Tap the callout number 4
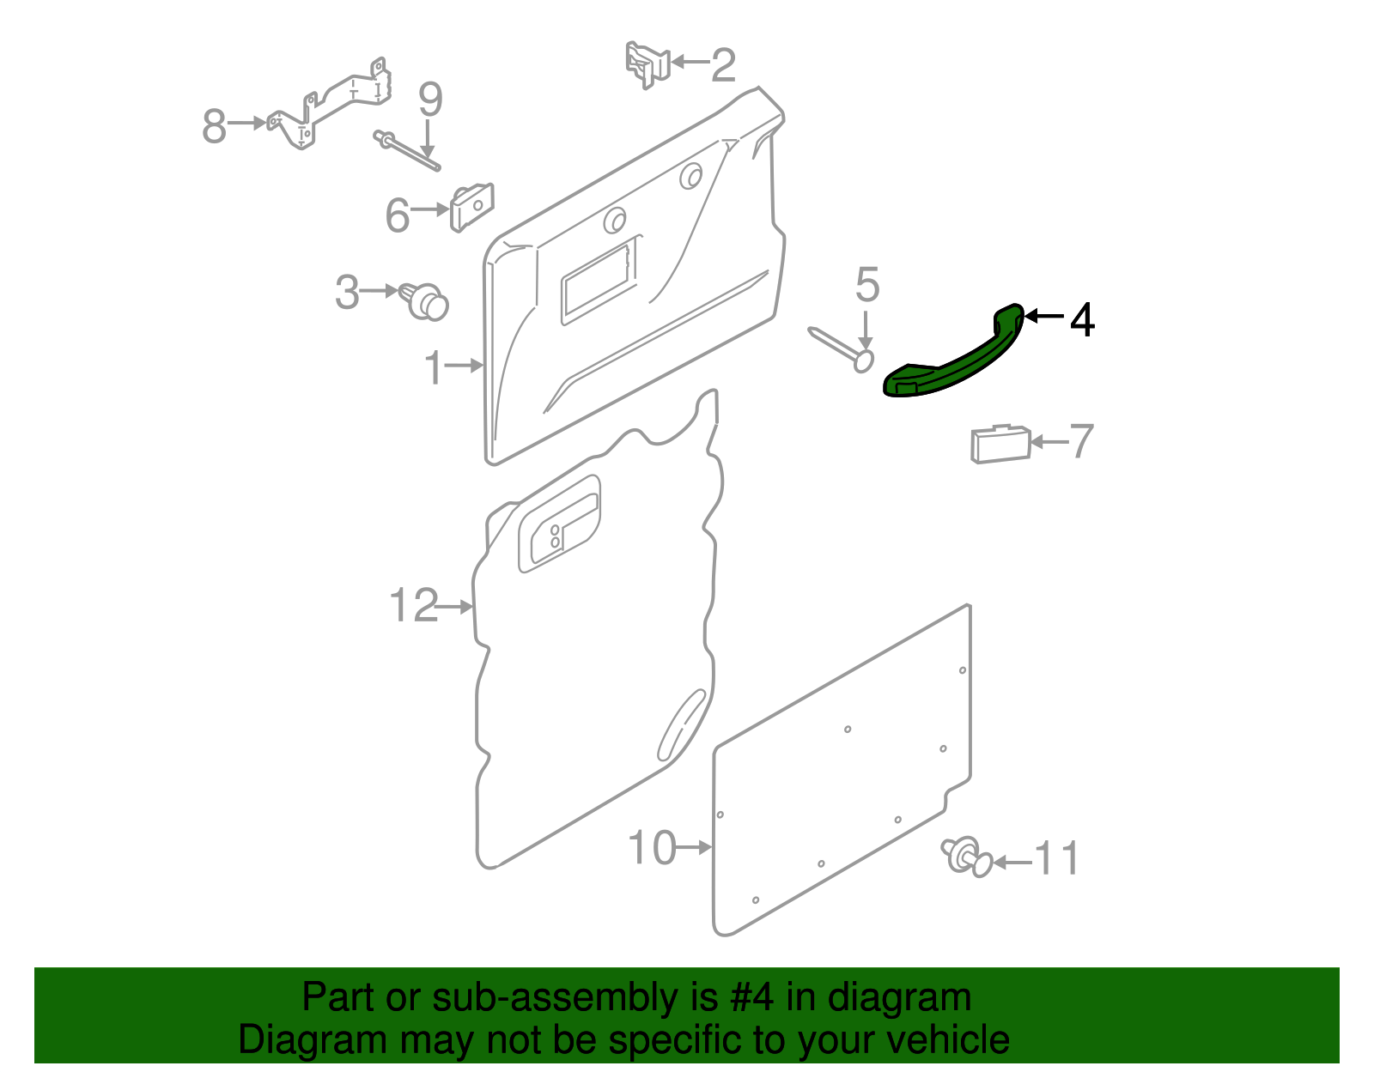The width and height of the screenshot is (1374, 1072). coord(1082,320)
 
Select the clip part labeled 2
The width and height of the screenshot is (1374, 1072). coord(647,64)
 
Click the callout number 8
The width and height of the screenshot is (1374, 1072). coord(215,125)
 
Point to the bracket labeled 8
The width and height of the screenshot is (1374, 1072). coord(329,104)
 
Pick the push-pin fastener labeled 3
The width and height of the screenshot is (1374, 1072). coord(424,300)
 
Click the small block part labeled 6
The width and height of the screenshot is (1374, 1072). coord(471,207)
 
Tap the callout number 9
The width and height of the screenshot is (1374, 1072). coord(430,100)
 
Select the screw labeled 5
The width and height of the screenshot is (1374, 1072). coord(842,349)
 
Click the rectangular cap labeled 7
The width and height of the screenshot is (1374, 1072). coord(1000,444)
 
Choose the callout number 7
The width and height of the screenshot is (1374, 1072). coord(1081,441)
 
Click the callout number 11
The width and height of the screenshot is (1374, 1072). coord(1056,859)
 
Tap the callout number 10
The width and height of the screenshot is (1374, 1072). coord(652,848)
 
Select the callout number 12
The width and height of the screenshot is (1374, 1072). coord(414,605)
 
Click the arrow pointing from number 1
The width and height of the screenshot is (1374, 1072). coord(464,365)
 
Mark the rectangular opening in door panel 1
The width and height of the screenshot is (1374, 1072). coord(599,281)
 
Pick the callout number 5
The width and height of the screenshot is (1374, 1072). coord(866,284)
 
